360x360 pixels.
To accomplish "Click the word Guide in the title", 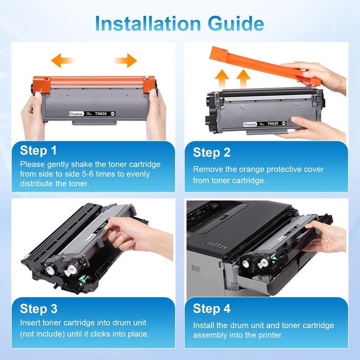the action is click(236, 24).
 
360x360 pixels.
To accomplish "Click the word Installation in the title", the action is click(148, 23).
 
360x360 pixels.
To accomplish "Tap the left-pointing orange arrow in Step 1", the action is click(63, 60).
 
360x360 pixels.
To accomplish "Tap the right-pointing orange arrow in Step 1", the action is click(125, 60).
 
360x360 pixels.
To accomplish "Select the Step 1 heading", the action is click(38, 150).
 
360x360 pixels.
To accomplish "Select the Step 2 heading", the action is click(211, 153).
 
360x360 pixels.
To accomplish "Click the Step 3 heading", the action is click(39, 309).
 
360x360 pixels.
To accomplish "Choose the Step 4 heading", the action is click(211, 308).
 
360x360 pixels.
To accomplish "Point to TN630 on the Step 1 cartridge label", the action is click(101, 114).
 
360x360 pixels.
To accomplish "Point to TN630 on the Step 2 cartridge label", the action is click(273, 123).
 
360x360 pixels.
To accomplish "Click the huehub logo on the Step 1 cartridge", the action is click(76, 114).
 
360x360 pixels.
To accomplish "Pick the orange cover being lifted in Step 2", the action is click(265, 65).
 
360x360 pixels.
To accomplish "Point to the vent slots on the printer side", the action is click(195, 268).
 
